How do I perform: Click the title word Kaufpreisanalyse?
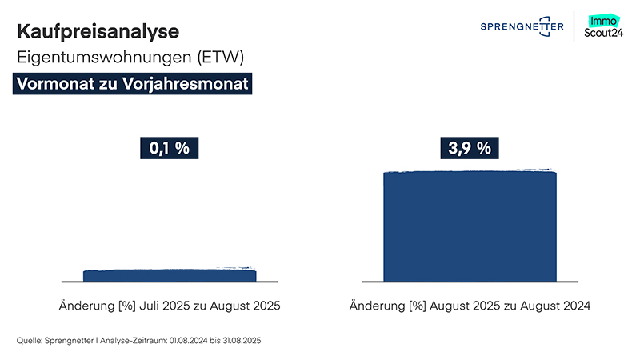coord(98,32)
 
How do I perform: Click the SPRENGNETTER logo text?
coord(522,27)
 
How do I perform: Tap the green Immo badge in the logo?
coord(602,20)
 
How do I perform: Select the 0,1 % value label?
coord(169,148)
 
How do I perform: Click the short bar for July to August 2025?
coord(170,276)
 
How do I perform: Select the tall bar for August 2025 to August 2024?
coord(470,226)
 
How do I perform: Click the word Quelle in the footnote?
coord(30,341)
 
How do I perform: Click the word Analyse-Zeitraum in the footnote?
coord(126,341)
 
